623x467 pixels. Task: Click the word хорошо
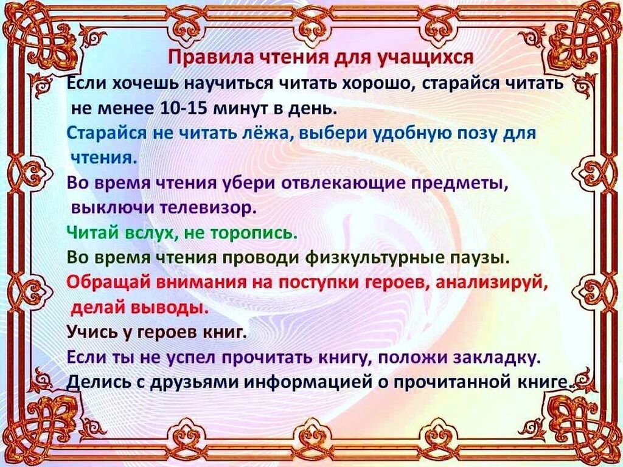[378, 84]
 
